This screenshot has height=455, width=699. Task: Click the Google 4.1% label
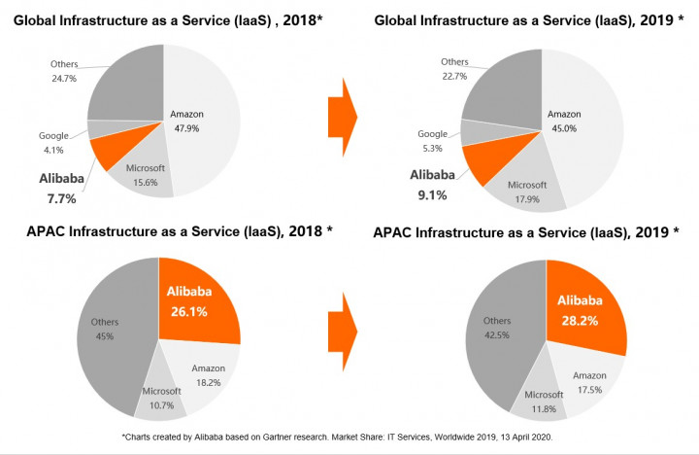(x=52, y=142)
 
